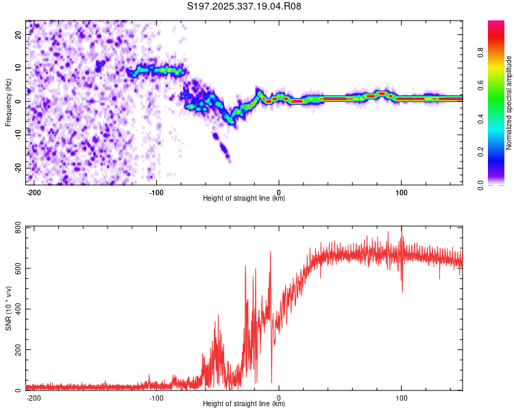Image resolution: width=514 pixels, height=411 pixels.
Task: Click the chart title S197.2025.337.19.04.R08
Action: tap(245, 7)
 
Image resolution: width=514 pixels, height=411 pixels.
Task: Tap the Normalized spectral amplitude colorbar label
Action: tap(509, 103)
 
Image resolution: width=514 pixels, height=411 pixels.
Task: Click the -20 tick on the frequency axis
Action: tap(19, 167)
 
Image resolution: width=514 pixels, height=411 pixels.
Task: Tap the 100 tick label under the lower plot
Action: tap(401, 397)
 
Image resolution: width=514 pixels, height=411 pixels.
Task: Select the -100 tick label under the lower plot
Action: tap(156, 397)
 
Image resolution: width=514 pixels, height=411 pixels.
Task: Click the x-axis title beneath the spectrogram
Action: tap(244, 199)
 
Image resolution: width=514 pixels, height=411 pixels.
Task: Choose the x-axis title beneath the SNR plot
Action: tap(244, 404)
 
